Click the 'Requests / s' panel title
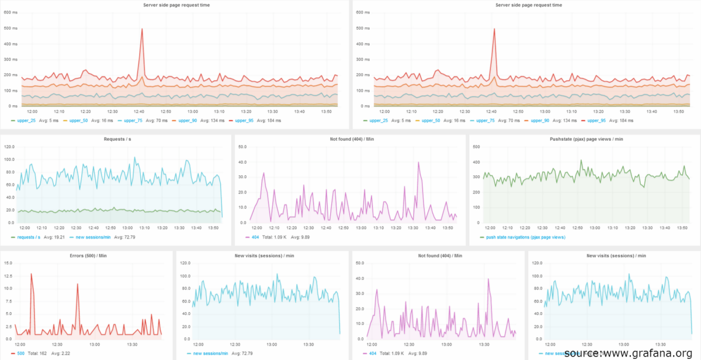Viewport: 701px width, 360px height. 116,139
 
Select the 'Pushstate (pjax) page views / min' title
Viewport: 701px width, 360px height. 584,139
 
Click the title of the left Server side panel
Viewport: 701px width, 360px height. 176,5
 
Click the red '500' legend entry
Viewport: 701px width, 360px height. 20,354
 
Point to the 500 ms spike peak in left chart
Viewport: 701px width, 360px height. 141,29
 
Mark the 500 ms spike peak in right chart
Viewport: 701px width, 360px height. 494,29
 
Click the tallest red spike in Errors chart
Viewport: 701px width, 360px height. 31,274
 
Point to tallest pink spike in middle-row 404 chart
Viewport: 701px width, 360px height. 418,162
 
